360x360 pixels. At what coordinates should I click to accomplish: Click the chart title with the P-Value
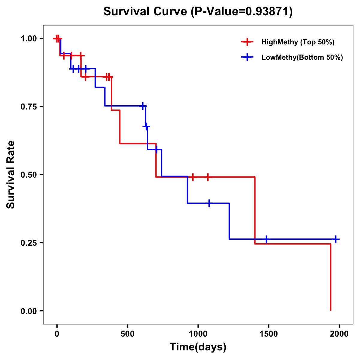pyautogui.click(x=198, y=11)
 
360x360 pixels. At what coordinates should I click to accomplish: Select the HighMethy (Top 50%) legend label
pyautogui.click(x=298, y=42)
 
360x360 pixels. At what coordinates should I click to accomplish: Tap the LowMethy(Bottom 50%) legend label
pyautogui.click(x=302, y=57)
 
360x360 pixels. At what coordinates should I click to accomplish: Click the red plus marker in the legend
pyautogui.click(x=247, y=42)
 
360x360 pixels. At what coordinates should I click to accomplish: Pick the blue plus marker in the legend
pyautogui.click(x=247, y=57)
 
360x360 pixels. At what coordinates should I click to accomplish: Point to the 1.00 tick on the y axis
pyautogui.click(x=28, y=39)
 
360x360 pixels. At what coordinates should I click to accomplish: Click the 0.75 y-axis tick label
pyautogui.click(x=28, y=107)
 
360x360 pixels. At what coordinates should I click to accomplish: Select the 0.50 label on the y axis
pyautogui.click(x=28, y=175)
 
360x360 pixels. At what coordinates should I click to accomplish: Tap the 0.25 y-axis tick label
pyautogui.click(x=28, y=243)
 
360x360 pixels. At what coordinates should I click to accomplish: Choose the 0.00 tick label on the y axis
pyautogui.click(x=28, y=311)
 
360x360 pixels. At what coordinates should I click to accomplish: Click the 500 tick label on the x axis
pyautogui.click(x=127, y=334)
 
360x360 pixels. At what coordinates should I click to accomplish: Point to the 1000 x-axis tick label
pyautogui.click(x=198, y=334)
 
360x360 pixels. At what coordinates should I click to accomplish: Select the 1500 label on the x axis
pyautogui.click(x=268, y=334)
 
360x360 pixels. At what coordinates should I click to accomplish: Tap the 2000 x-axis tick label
pyautogui.click(x=339, y=334)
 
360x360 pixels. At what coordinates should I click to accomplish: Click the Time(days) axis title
pyautogui.click(x=198, y=347)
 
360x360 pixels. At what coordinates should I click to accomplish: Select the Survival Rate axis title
pyautogui.click(x=11, y=175)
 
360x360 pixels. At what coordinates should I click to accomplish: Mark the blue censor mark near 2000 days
pyautogui.click(x=336, y=239)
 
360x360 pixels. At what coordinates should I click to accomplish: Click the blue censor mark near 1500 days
pyautogui.click(x=266, y=239)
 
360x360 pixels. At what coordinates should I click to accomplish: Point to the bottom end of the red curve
pyautogui.click(x=331, y=310)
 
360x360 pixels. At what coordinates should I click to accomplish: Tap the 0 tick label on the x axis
pyautogui.click(x=57, y=334)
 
